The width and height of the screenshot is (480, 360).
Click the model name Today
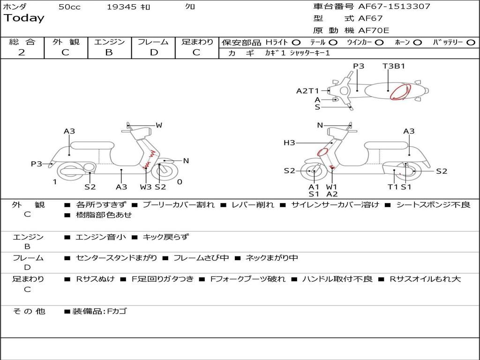click(24, 18)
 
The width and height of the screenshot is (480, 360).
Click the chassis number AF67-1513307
click(394, 6)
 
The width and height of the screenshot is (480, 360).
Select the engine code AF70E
click(374, 30)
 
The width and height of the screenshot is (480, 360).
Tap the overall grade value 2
click(22, 52)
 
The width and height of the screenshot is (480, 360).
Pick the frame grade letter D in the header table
click(154, 52)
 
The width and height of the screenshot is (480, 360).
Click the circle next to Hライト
click(296, 43)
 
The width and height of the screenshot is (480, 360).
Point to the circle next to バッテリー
click(471, 43)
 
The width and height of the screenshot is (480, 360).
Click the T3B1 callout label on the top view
click(394, 66)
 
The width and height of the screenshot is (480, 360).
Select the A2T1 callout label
click(307, 91)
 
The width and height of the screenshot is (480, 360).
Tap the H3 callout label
click(289, 142)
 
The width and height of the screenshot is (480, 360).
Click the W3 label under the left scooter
click(146, 187)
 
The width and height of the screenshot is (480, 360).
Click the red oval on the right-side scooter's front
click(322, 152)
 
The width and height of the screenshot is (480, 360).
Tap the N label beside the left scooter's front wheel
click(186, 161)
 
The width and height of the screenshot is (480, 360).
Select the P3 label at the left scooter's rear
click(36, 164)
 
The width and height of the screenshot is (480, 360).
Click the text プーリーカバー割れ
click(179, 205)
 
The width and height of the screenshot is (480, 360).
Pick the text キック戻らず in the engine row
click(165, 237)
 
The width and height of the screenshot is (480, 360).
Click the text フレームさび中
click(201, 258)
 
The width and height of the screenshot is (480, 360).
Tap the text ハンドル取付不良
click(337, 279)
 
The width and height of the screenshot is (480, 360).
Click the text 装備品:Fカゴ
click(99, 311)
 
